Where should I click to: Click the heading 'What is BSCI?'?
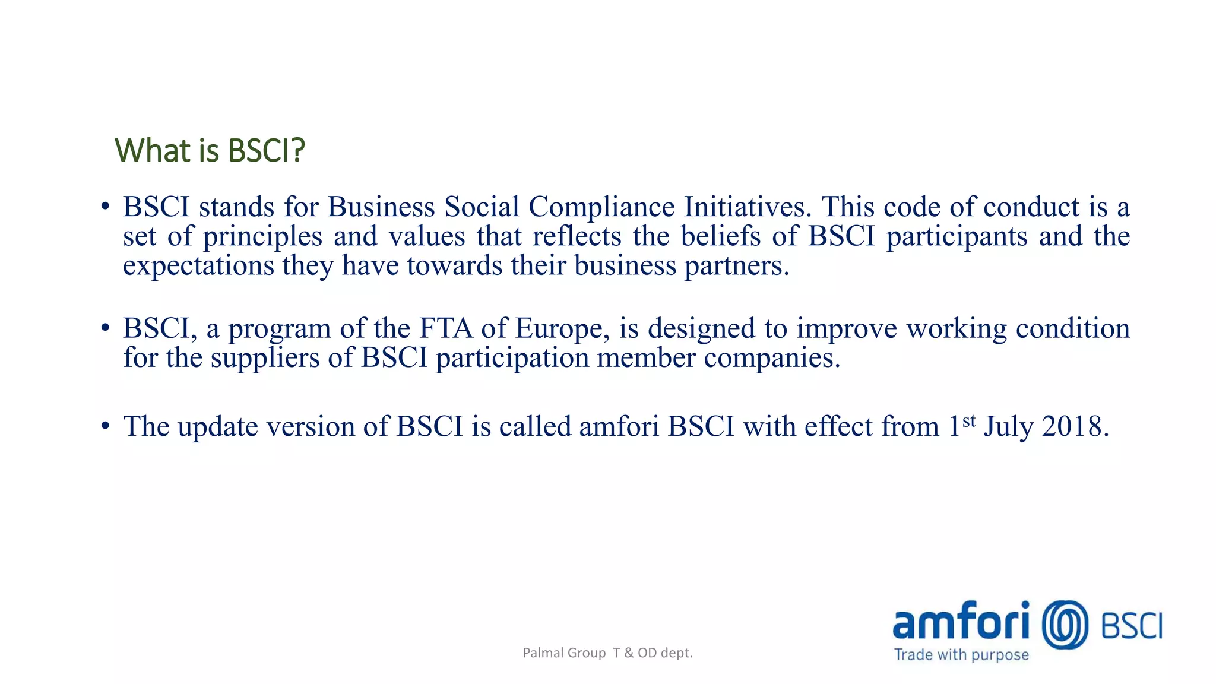tap(210, 150)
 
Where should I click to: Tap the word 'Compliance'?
tap(601, 207)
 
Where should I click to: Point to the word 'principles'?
tap(262, 237)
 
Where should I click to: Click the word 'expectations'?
tap(198, 265)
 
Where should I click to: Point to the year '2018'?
tap(1075, 426)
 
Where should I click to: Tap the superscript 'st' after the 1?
tap(969, 421)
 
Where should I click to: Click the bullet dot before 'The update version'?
tap(105, 426)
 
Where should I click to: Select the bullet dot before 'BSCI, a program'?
tap(105, 328)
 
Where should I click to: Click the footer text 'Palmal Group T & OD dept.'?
tap(607, 653)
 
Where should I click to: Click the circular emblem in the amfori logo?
tap(1065, 625)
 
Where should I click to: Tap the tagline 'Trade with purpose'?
tap(961, 655)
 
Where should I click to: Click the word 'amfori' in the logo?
tap(961, 622)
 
